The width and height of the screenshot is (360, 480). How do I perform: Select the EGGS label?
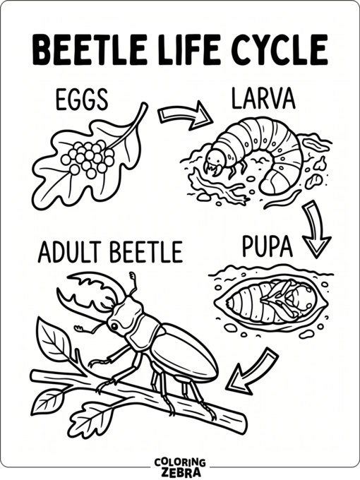[x=81, y=100]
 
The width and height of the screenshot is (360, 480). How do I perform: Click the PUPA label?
[x=267, y=246]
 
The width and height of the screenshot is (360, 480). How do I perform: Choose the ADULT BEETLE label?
[x=109, y=251]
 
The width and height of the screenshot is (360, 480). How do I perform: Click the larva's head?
[x=215, y=155]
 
